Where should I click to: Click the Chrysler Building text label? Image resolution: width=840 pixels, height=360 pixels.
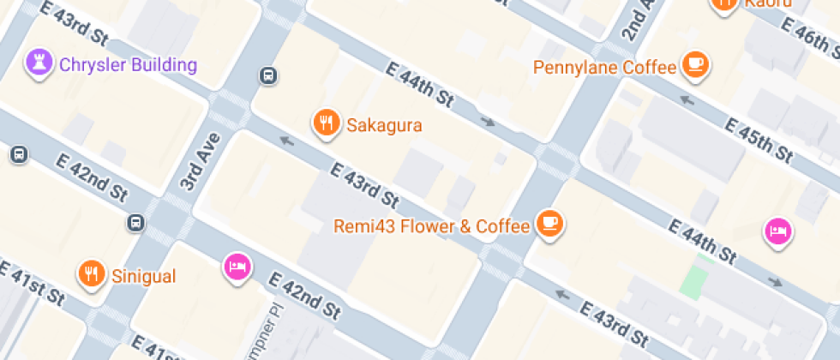pos(128,64)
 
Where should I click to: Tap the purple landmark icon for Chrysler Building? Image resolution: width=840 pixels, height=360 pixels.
pos(39,63)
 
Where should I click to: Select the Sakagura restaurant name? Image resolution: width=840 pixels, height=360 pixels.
pos(384,125)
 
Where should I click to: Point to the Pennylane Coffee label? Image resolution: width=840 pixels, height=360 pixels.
pos(605,67)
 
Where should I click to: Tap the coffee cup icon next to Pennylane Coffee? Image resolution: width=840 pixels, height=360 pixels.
pos(695,64)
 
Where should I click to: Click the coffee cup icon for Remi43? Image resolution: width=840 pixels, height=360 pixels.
pos(549,225)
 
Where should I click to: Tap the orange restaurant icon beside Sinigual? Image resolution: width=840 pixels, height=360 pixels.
pos(91,273)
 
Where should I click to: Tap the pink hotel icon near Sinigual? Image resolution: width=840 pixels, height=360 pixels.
pos(236,267)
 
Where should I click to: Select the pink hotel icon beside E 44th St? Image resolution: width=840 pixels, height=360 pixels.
pos(777,230)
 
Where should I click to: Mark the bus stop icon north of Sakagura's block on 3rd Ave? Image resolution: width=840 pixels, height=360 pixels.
pos(268,76)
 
